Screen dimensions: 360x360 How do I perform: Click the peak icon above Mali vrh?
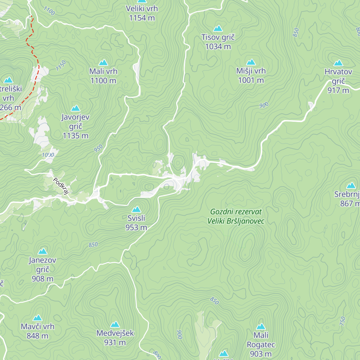[103, 62]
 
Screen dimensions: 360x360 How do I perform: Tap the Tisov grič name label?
[218, 37]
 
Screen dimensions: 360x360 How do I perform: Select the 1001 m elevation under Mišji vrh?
[251, 80]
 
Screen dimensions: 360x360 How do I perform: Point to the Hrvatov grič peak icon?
[338, 63]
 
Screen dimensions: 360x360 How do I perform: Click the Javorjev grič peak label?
[76, 121]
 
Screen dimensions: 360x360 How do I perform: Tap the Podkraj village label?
[61, 186]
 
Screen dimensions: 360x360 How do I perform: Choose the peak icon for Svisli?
[136, 209]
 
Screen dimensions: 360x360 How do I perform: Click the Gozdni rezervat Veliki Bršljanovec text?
[236, 216]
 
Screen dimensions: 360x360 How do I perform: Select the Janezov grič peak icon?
[43, 251]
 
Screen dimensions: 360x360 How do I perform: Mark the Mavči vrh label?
[37, 326]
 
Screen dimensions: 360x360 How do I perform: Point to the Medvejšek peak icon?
[115, 324]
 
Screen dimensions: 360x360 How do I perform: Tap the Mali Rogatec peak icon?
[261, 326]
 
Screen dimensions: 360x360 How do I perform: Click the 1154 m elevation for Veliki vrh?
[142, 18]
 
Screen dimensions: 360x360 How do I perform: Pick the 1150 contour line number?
[61, 66]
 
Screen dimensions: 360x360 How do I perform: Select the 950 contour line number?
[98, 148]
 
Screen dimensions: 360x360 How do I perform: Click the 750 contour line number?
[343, 321]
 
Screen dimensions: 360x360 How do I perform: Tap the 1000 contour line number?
[48, 155]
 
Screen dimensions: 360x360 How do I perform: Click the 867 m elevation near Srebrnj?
[349, 203]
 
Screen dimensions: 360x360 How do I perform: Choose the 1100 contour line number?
[49, 11]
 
